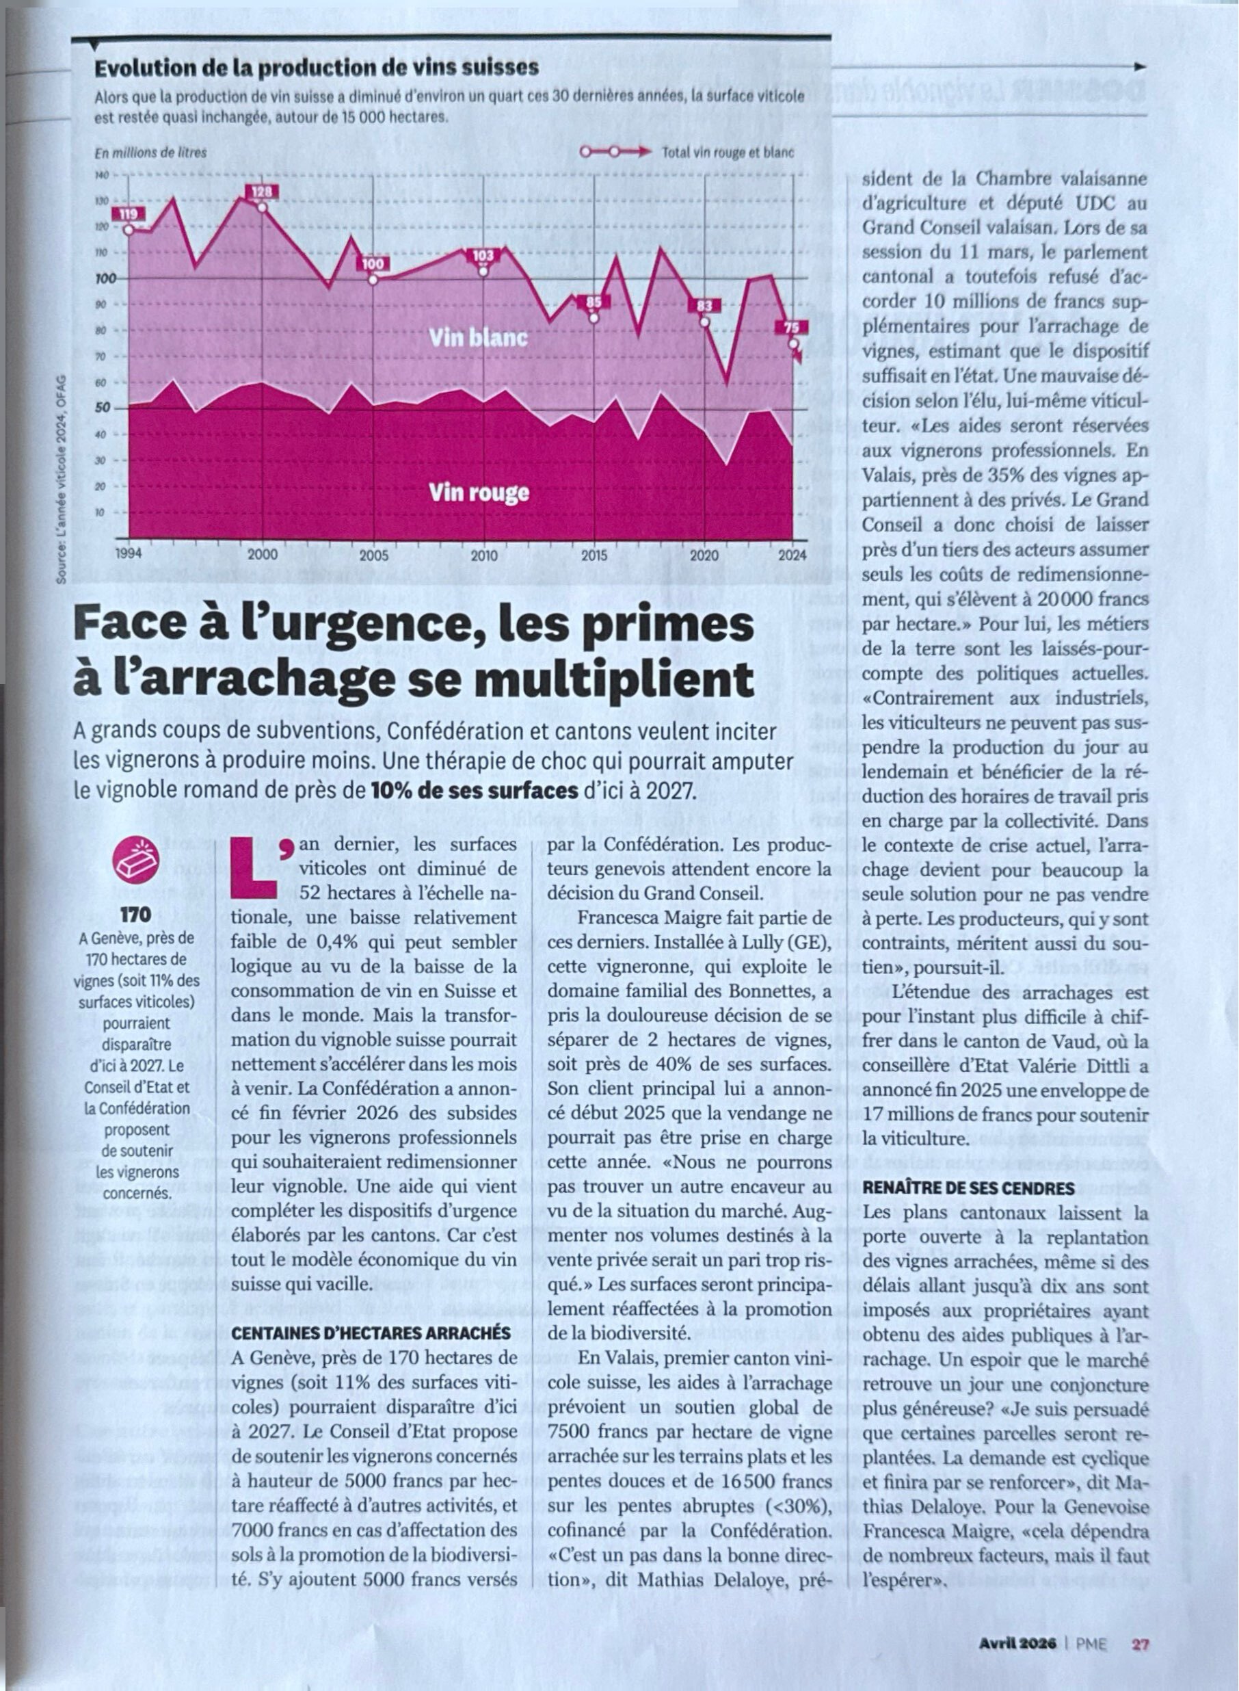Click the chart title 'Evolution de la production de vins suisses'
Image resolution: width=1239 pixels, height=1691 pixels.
click(317, 68)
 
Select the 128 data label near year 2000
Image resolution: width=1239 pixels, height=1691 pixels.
click(261, 192)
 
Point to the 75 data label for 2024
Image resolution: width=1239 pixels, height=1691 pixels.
click(791, 328)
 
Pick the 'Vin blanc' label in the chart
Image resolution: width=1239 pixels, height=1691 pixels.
click(478, 339)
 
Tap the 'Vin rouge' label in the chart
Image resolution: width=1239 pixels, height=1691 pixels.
click(479, 493)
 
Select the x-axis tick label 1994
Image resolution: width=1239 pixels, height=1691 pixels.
click(129, 556)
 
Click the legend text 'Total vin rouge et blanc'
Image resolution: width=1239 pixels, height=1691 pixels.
click(728, 153)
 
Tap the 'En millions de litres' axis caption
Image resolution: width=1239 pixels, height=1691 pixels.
click(150, 153)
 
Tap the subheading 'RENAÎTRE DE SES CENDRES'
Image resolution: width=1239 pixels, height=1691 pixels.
click(968, 1188)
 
